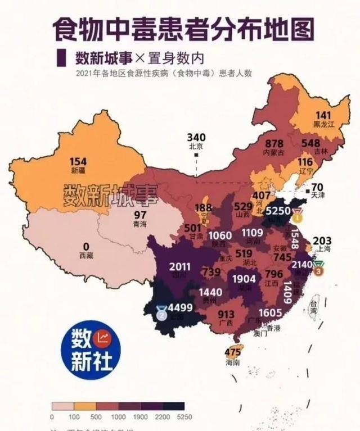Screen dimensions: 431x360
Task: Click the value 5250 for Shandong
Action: click(x=277, y=211)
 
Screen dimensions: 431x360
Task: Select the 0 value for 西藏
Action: click(x=86, y=246)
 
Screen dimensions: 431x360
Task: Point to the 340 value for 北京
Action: click(x=196, y=137)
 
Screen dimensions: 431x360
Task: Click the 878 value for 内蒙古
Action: click(x=274, y=143)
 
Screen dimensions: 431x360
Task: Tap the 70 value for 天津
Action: click(x=317, y=187)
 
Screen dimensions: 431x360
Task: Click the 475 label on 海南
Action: click(x=232, y=352)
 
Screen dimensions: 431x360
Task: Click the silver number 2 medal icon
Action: click(x=161, y=312)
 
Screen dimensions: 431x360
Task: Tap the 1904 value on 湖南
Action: click(x=243, y=279)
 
